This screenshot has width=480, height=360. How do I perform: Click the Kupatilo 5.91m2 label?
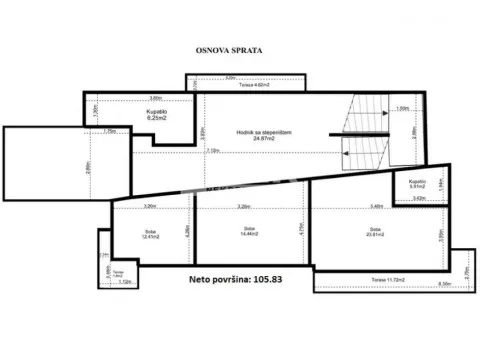point(417,184)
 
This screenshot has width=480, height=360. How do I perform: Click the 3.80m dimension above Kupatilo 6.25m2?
point(155,98)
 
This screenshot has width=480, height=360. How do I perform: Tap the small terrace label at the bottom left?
point(117,273)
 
